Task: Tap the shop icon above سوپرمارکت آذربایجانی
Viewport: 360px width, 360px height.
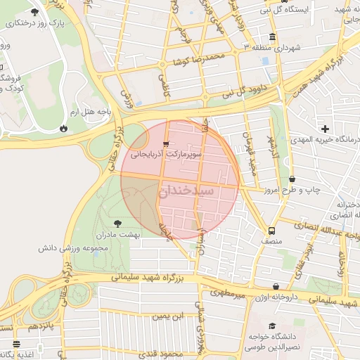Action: tap(166, 143)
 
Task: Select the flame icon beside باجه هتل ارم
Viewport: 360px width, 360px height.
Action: tap(65, 129)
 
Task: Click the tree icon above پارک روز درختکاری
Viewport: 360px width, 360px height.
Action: tap(35, 13)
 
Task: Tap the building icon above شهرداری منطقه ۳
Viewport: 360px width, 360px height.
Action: tap(272, 37)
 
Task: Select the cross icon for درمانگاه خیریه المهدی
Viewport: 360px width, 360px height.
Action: tap(325, 129)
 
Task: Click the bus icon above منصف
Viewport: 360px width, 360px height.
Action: tap(271, 231)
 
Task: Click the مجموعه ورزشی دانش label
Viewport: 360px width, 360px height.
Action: tap(73, 248)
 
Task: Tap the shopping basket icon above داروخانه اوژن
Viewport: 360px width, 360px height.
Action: tap(276, 287)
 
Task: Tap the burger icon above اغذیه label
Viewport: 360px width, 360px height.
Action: tap(16, 344)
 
